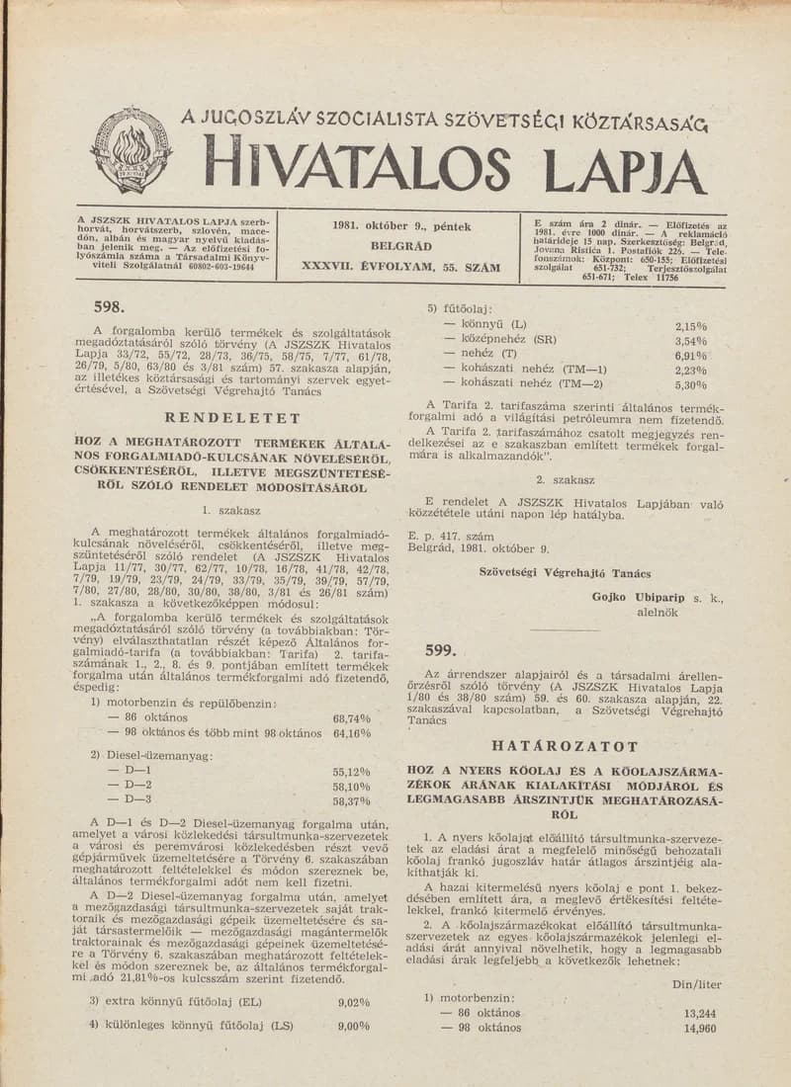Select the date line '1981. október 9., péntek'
coord(400,226)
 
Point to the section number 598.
coord(107,307)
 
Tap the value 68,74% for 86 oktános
coord(352,718)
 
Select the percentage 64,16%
coord(352,733)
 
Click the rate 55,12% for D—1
coord(352,773)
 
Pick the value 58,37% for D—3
coord(352,801)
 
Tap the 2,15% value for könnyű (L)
coord(691,325)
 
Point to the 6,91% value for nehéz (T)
coord(691,355)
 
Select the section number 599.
coord(439,649)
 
